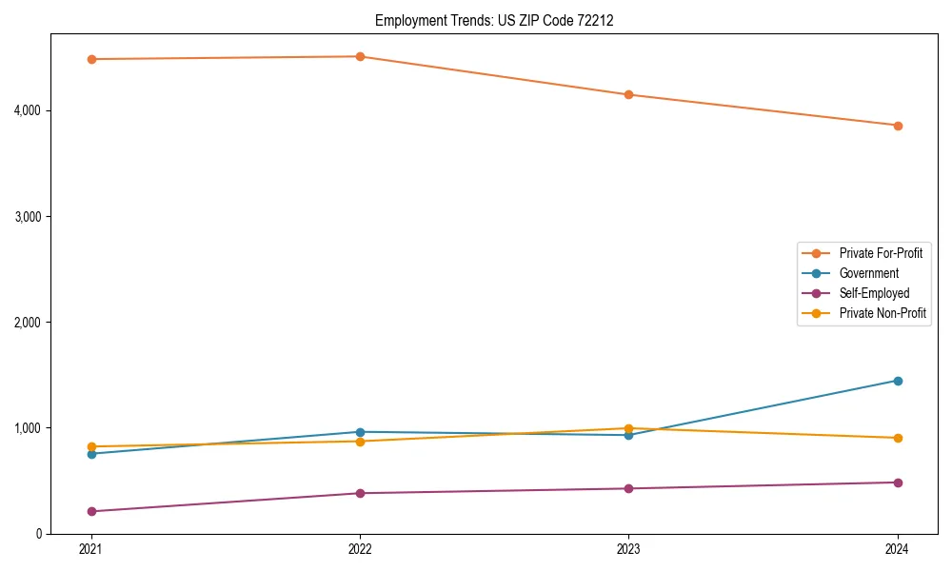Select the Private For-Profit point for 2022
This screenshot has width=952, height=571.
(360, 56)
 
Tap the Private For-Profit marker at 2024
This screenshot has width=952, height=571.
(898, 126)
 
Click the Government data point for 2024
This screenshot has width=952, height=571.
(898, 381)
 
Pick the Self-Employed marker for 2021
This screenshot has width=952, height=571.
(91, 511)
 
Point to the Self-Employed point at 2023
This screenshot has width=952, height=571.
(628, 488)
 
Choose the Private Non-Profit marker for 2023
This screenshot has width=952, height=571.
(628, 428)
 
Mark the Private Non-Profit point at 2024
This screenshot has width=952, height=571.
(898, 438)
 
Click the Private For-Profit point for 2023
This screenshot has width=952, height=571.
(628, 94)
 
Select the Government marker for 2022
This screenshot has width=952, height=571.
(360, 432)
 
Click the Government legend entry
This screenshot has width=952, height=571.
(868, 273)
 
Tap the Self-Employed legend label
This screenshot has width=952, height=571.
(874, 293)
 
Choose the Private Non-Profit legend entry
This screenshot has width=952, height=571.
(883, 313)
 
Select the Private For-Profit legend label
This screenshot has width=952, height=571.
(881, 253)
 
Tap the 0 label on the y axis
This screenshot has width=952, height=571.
(37, 534)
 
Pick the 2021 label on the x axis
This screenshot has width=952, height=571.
(91, 549)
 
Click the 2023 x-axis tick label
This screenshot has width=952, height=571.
(628, 549)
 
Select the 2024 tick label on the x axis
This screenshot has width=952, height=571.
(898, 549)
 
